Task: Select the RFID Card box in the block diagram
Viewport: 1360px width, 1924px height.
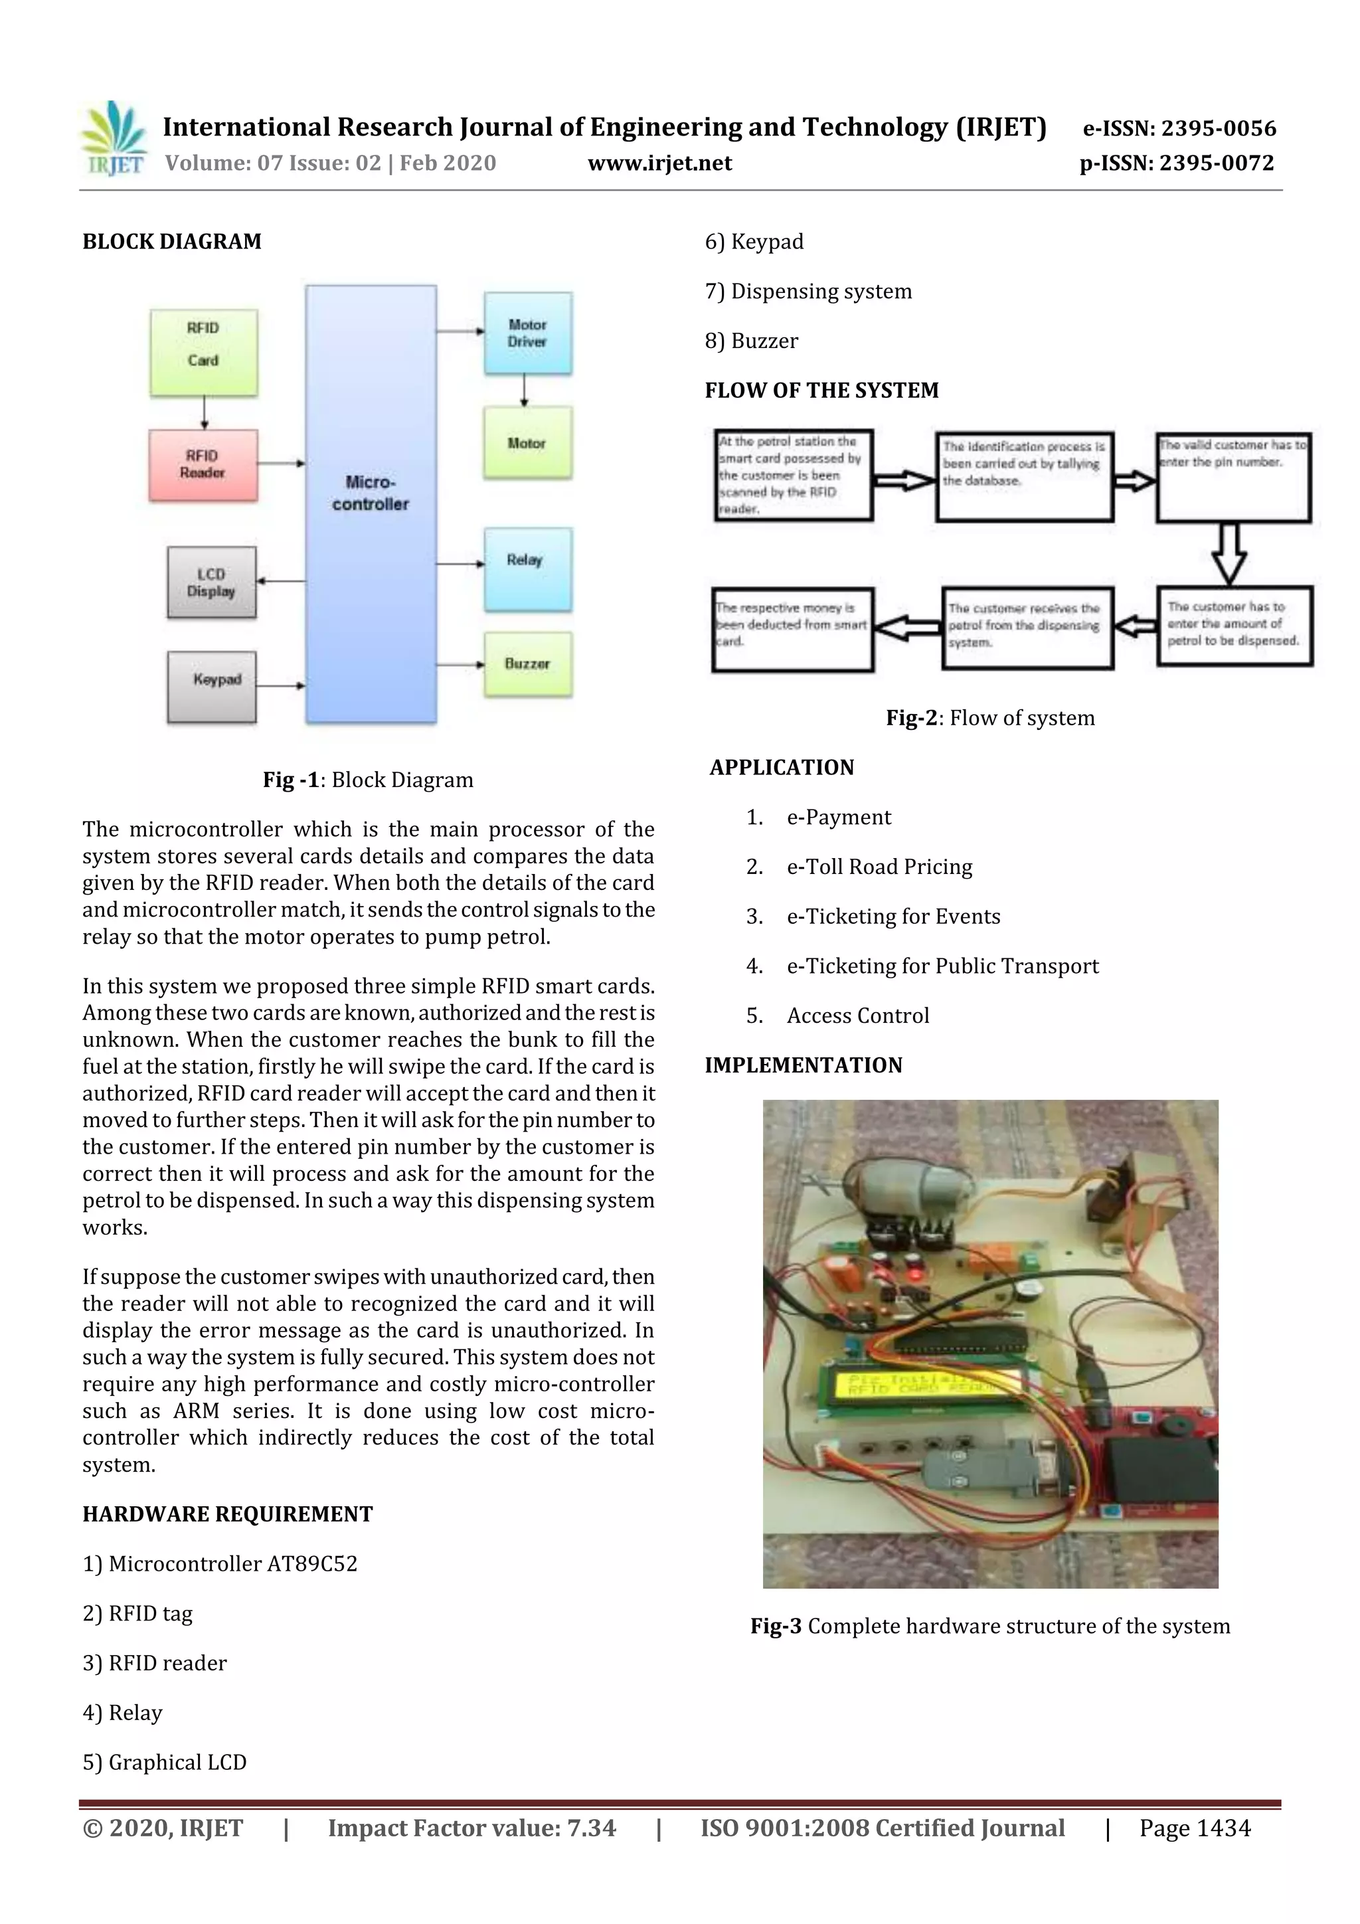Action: (204, 353)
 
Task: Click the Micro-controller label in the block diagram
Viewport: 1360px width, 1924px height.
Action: (371, 493)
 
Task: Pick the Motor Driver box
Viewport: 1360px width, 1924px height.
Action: (528, 333)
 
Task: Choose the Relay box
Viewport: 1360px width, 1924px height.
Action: (528, 568)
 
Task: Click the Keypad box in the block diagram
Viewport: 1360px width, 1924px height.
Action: (212, 686)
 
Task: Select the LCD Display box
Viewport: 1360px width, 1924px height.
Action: (211, 582)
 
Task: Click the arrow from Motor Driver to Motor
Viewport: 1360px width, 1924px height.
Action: (525, 390)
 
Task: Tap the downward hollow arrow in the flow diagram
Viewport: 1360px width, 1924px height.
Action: (1229, 554)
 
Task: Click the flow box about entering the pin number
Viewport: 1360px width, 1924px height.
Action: (1233, 478)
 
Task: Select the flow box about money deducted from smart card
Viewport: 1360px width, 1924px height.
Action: (792, 630)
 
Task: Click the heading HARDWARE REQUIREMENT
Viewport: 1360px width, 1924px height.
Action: (228, 1514)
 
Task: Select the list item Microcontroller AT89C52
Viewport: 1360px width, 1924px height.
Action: (220, 1563)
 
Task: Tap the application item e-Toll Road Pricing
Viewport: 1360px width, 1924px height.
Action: (879, 867)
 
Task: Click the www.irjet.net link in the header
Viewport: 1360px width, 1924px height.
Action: (659, 163)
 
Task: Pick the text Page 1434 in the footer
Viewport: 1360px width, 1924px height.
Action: (1194, 1828)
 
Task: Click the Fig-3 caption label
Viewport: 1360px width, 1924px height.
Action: (775, 1626)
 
